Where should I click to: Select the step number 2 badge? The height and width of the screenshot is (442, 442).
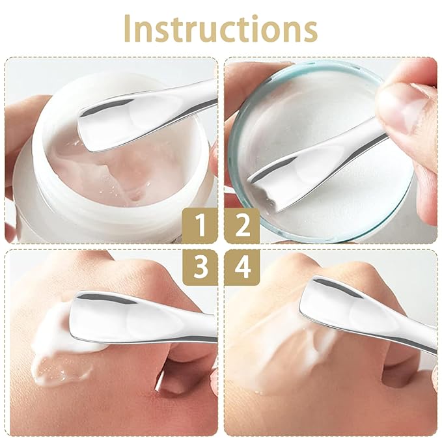242,225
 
